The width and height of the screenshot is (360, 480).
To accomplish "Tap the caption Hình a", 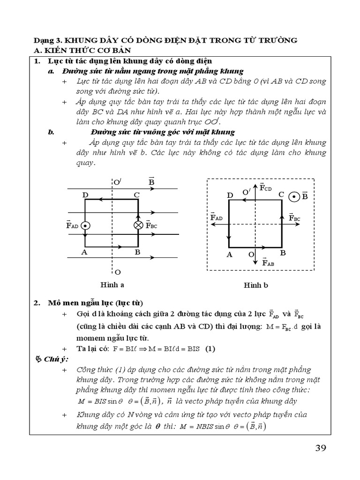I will [112, 285].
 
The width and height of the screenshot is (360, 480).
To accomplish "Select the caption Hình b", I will [255, 285].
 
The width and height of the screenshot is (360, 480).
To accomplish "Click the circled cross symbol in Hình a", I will [138, 225].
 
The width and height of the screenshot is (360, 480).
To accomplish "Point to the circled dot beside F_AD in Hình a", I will [85, 225].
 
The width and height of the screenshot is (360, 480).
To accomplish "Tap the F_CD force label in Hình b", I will [265, 188].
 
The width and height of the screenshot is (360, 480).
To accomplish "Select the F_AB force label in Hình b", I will [268, 262].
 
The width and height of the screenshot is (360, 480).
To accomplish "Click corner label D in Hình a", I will [85, 195].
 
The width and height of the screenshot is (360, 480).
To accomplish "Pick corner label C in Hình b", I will [281, 194].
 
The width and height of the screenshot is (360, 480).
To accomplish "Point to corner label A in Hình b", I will [230, 255].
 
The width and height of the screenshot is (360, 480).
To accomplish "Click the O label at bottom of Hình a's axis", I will [117, 272].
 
